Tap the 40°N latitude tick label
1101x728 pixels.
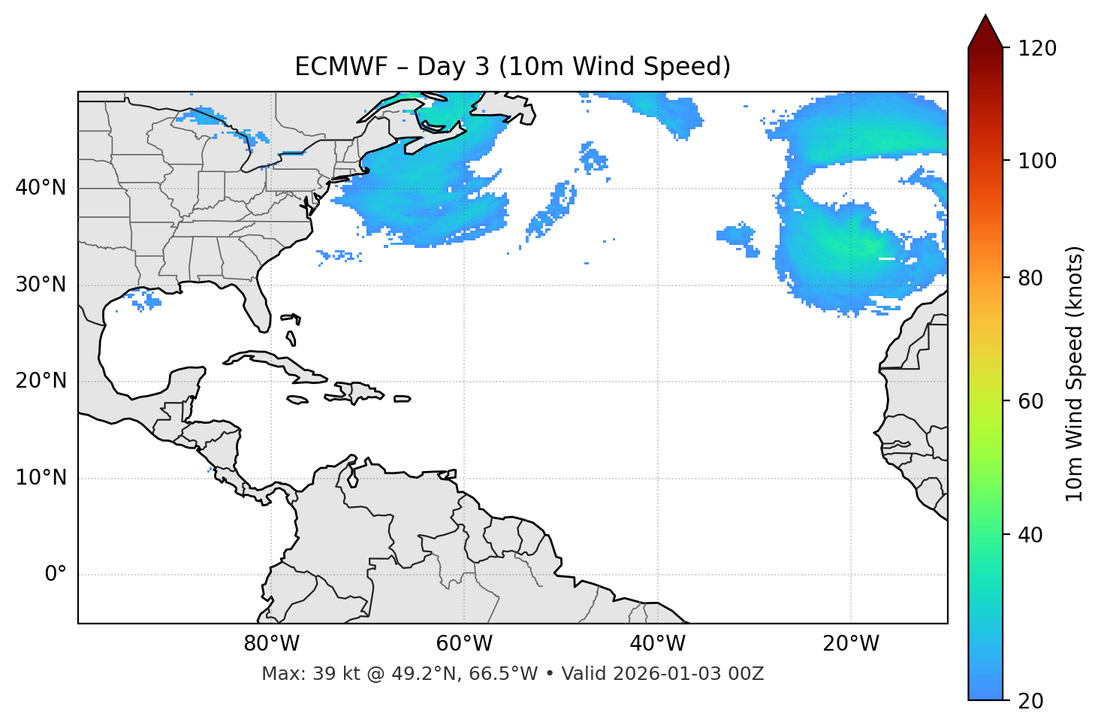point(41,187)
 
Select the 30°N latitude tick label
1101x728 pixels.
point(41,285)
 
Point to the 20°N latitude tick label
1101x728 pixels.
point(41,381)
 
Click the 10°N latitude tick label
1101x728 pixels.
point(41,478)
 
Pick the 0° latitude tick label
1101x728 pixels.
point(55,575)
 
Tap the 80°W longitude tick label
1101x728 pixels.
point(271,644)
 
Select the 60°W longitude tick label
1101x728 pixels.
point(464,644)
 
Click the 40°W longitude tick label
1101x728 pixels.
point(657,644)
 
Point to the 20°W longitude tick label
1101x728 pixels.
point(851,644)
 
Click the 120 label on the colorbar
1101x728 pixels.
point(1037,48)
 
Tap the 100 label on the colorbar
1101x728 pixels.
point(1037,161)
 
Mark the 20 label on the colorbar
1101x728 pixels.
point(1031,700)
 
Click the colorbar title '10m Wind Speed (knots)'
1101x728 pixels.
point(1075,374)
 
